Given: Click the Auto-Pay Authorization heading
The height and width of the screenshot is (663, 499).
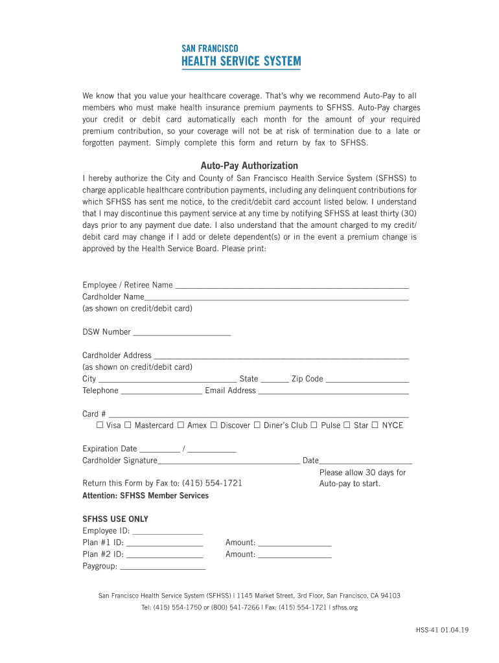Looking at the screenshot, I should (x=249, y=166).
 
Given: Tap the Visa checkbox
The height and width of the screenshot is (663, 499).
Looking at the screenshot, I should (x=100, y=425).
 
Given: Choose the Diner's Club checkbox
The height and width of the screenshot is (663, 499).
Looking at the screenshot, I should (x=257, y=425).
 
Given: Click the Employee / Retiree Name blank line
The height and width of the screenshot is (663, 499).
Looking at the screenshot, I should (x=292, y=285).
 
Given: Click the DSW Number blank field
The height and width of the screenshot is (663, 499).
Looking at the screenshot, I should (x=181, y=332).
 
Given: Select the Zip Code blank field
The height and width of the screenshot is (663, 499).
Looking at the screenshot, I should (x=367, y=379).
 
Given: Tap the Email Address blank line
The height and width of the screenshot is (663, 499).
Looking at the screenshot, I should (x=333, y=391).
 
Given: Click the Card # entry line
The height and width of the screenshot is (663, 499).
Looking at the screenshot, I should (x=258, y=414).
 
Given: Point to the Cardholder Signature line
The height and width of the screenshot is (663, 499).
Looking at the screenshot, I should (x=228, y=461).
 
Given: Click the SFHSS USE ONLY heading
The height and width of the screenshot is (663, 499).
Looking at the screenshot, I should (x=115, y=519).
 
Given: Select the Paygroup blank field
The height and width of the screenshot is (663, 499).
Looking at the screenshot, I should (x=163, y=567).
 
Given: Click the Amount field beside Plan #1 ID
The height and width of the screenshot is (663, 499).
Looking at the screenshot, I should (x=294, y=543).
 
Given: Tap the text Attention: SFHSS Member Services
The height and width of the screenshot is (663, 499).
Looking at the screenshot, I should (x=145, y=496).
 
